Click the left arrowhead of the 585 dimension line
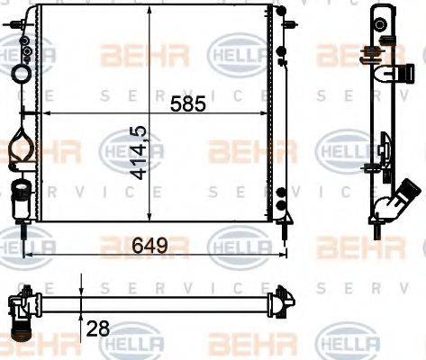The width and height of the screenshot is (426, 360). point(48,115)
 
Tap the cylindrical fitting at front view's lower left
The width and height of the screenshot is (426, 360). point(20,191)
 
